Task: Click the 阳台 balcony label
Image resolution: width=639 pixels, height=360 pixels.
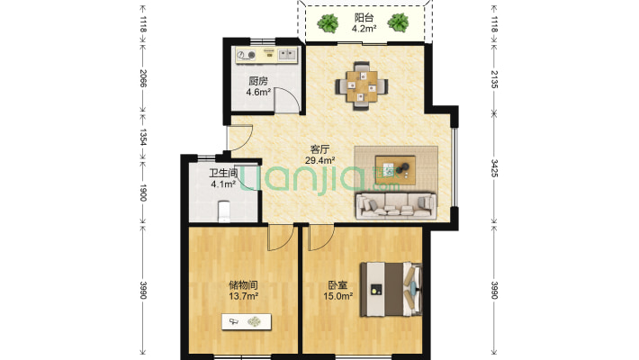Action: coord(364,18)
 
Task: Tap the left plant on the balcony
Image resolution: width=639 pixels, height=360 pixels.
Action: coord(328,23)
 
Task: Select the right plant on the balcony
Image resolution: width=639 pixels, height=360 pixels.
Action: coord(398,22)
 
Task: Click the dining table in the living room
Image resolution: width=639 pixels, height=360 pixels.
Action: coord(362,86)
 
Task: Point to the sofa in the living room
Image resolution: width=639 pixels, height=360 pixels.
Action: coord(396,206)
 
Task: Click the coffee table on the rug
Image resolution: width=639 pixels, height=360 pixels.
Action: coord(395,170)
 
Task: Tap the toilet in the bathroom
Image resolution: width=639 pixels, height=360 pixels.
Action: coord(224,211)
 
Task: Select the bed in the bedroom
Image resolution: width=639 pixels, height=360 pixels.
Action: coord(391,289)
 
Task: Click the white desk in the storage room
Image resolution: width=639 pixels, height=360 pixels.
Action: coord(247,321)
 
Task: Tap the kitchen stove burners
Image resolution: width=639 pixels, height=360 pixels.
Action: coord(246,55)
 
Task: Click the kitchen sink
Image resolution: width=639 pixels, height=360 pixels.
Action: coord(288,54)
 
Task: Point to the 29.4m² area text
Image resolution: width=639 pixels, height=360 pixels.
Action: coord(319,160)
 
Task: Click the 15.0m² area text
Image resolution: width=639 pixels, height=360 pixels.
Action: coord(337,296)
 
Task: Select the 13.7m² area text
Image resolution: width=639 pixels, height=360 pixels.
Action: coord(243,296)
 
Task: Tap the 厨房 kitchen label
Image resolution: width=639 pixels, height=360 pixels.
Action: coord(258,81)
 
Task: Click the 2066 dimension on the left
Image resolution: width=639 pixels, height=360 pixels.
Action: coord(143,78)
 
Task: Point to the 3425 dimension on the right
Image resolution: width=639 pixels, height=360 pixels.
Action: coord(494,168)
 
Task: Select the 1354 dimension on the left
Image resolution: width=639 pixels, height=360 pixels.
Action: coord(143,137)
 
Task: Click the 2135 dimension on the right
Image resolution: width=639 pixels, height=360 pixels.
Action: coord(494,79)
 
